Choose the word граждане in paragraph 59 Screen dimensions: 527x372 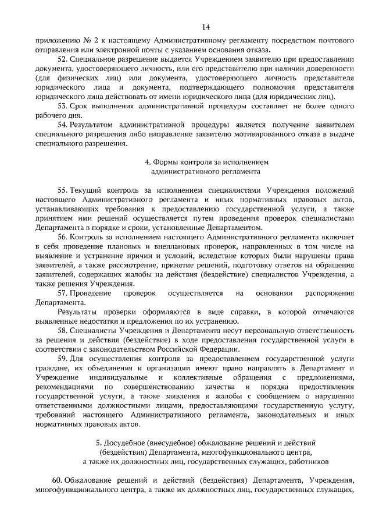(x=50, y=367)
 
